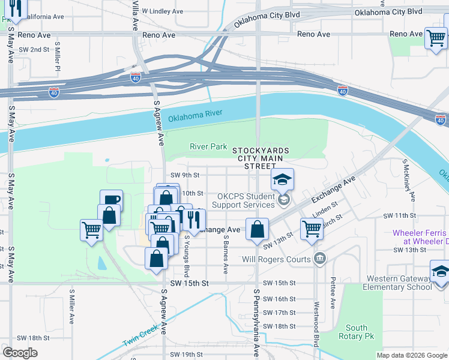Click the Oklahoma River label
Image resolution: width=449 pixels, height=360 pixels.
tap(195, 116)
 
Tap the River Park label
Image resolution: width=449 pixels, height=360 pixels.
tap(208, 146)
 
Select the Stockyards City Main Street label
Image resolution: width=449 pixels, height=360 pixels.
tap(261, 158)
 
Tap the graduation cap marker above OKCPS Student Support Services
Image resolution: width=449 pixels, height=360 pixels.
tap(282, 179)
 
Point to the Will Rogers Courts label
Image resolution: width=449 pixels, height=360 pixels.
tap(276, 259)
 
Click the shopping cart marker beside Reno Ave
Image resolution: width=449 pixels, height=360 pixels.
tap(436, 38)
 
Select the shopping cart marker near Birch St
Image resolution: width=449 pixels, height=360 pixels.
tap(312, 229)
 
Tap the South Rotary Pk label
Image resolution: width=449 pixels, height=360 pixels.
tap(356, 332)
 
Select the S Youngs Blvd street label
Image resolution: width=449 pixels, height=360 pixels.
tap(187, 254)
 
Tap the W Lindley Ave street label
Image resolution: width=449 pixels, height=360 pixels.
tap(160, 11)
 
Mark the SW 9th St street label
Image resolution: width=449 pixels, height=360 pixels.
tap(184, 175)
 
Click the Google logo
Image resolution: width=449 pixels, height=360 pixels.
tap(20, 352)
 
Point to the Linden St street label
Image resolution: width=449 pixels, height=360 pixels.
tap(322, 207)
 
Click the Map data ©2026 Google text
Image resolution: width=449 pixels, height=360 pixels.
tap(411, 355)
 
